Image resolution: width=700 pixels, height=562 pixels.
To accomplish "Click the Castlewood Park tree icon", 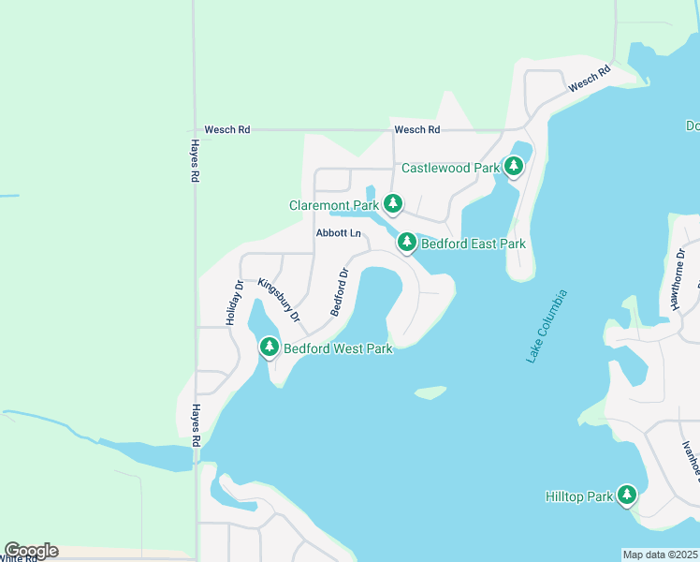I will point(513,167).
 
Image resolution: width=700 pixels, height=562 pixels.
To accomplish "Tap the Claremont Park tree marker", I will point(394,203).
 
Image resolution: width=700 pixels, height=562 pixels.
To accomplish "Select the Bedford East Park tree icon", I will point(406,243).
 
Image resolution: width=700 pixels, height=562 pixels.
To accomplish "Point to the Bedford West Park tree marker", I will point(270,347).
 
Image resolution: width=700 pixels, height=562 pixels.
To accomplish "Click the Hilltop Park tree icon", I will point(626,495).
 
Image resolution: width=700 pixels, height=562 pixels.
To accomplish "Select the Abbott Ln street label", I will point(338,233).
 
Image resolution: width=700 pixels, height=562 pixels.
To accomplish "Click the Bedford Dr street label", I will point(339,292).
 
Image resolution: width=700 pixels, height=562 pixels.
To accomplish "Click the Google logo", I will point(31,551).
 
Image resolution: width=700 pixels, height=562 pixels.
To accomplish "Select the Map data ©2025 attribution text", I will point(660,555).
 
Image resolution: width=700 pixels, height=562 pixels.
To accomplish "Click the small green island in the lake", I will point(430,392).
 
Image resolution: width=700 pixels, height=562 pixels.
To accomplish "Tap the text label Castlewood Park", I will point(451,169).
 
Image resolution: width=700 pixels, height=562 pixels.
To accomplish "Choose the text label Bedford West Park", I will point(338,348).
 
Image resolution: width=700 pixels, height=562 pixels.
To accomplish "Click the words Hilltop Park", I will point(578,495).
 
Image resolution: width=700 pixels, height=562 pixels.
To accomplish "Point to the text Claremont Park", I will point(334,205).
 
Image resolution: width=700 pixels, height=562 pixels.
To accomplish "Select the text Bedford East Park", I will point(474,244).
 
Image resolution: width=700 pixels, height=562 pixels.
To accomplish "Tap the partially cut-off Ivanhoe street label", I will point(692,459).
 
